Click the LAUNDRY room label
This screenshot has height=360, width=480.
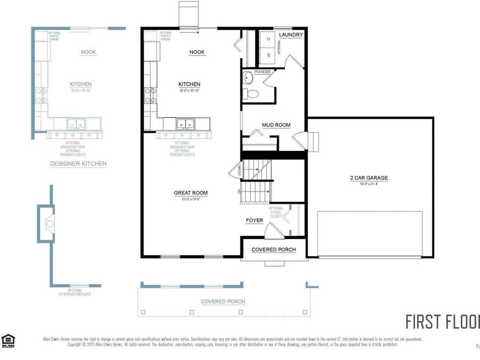tap(291, 35)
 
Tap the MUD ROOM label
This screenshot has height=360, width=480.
tap(276, 125)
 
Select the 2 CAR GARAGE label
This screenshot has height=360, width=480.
tap(369, 178)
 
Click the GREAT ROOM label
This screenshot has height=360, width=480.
tap(190, 193)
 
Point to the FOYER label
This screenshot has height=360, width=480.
tap(254, 220)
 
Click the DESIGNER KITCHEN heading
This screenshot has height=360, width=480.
tap(78, 164)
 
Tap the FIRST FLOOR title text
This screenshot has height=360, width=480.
tap(442, 322)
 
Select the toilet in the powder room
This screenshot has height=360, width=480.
tap(251, 94)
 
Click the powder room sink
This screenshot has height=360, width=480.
tap(248, 79)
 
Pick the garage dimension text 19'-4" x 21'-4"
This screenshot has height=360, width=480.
tap(369, 184)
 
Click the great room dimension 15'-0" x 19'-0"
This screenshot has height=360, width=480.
tap(190, 199)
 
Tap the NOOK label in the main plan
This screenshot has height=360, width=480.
tap(197, 52)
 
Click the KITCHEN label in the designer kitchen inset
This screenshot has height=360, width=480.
tap(81, 84)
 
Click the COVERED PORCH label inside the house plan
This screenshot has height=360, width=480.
tap(273, 250)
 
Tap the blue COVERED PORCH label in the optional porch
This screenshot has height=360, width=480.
tap(223, 301)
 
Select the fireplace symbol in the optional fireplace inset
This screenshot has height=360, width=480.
tap(50, 223)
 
